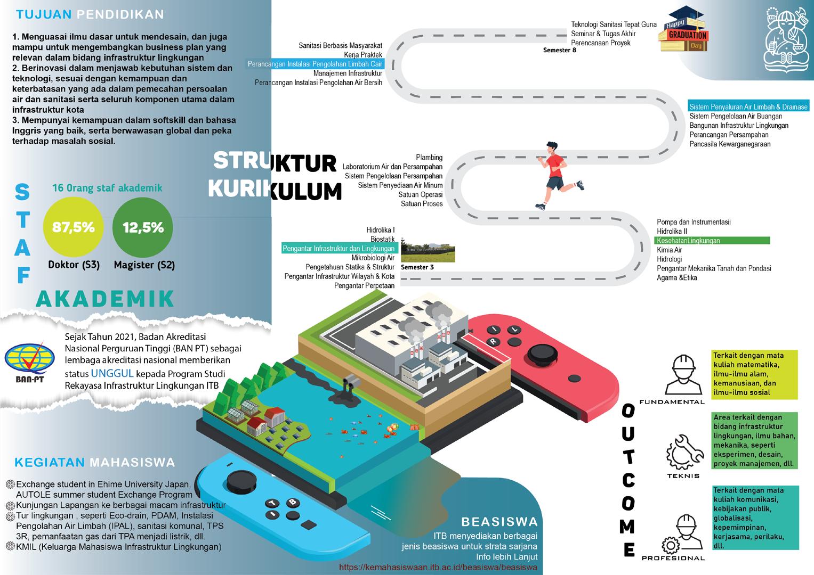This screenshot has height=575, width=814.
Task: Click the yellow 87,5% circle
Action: click(x=73, y=228)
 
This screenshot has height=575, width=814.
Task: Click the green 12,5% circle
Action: click(x=143, y=228)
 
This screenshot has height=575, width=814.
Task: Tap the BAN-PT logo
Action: click(x=29, y=360)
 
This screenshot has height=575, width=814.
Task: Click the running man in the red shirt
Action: click(x=554, y=174)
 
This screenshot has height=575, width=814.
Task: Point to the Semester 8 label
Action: click(x=559, y=51)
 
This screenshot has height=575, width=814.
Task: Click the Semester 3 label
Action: click(x=417, y=267)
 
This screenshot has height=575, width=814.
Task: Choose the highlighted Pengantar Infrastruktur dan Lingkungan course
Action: click(x=339, y=249)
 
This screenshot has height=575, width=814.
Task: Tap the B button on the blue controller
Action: click(x=292, y=502)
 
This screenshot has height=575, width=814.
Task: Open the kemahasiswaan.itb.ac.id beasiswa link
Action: click(x=438, y=568)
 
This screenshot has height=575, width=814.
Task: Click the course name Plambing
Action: click(x=429, y=158)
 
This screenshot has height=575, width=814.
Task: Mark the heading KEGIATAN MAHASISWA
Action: click(x=94, y=462)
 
